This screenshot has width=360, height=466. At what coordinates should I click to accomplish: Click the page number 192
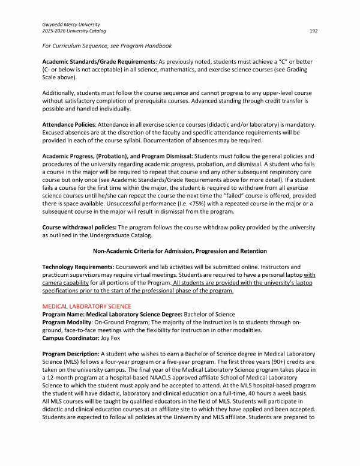tap(314, 31)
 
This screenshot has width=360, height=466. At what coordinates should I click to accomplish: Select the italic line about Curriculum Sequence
tap(107, 46)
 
